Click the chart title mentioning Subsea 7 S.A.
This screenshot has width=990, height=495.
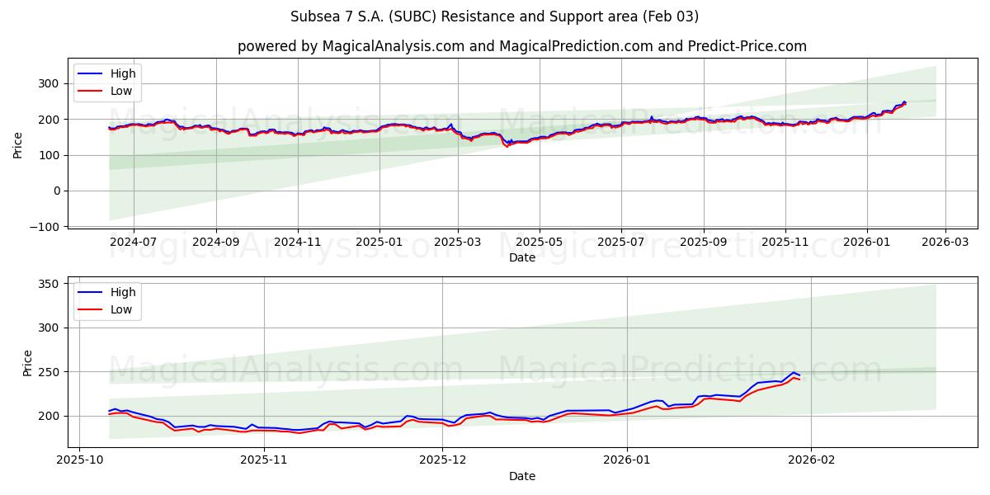494,16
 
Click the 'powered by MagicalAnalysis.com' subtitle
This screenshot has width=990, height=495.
521,46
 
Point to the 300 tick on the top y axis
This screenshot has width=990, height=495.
49,83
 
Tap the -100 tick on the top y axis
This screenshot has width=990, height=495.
45,226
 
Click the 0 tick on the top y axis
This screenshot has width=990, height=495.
56,191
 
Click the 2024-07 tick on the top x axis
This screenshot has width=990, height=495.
133,243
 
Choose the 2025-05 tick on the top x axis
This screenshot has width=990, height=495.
540,243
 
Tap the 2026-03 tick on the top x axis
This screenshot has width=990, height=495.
945,243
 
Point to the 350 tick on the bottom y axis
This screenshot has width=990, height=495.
49,284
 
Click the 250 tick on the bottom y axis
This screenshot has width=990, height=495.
49,372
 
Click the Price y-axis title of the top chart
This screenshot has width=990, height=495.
18,144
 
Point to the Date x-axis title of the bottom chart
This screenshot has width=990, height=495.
521,476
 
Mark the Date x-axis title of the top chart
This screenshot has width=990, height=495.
521,257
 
